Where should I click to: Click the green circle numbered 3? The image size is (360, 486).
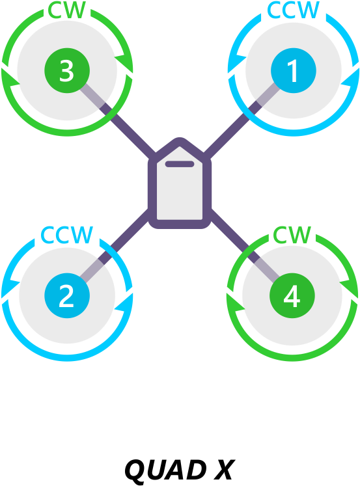(x=67, y=70)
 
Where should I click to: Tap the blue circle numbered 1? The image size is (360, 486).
(x=294, y=70)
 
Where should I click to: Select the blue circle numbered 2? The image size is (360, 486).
(x=67, y=295)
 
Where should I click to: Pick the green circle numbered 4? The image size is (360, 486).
(x=292, y=295)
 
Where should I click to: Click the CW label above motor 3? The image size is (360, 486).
(x=66, y=10)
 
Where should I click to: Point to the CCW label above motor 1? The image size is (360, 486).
(x=293, y=10)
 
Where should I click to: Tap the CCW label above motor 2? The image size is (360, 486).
(x=66, y=235)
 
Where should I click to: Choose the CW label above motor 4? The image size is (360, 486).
(x=292, y=235)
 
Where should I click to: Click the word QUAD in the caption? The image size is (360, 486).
(x=165, y=470)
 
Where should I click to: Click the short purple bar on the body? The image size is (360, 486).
(x=180, y=164)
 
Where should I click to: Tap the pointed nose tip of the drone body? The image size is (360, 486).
(x=180, y=138)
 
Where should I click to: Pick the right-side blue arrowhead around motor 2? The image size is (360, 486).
(x=124, y=302)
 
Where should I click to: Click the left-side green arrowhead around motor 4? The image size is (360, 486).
(x=235, y=302)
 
